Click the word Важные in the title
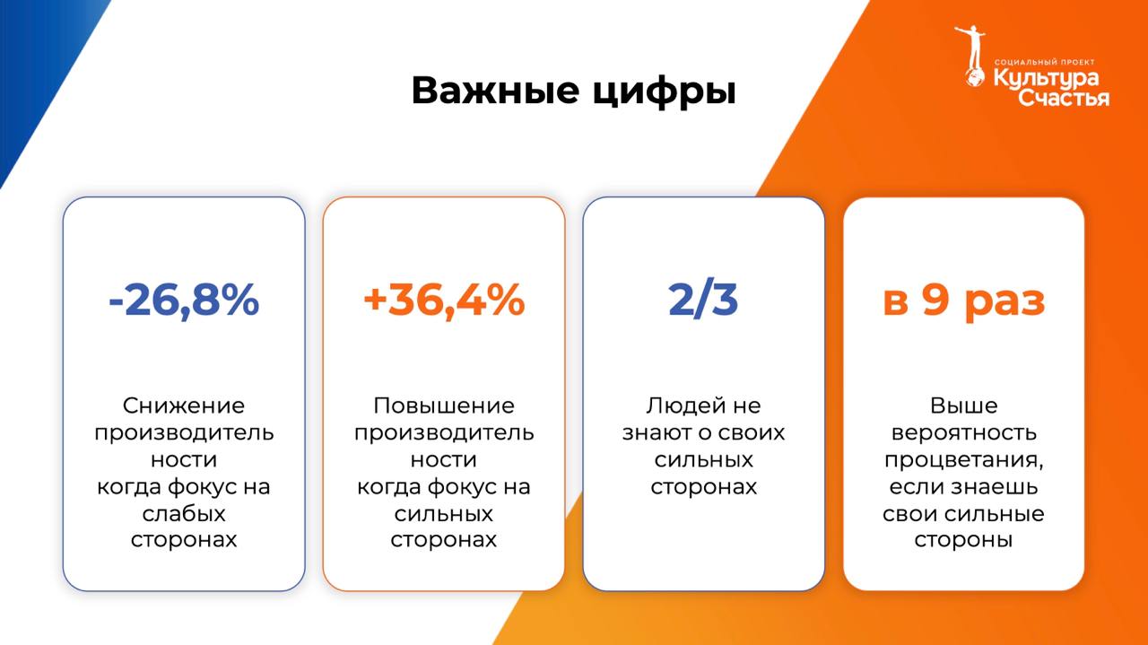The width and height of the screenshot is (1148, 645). point(496,91)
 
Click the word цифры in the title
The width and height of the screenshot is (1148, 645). point(665,92)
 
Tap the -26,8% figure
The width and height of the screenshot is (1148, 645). point(184,301)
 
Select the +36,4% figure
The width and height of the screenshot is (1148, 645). point(444,301)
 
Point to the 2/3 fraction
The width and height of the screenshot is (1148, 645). point(703,301)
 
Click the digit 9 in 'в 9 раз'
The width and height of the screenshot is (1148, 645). point(935,300)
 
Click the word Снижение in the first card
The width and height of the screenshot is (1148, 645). point(184,405)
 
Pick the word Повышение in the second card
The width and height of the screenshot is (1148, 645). point(444,405)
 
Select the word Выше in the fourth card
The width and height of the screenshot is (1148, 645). point(963,405)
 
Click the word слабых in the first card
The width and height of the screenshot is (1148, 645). point(184,514)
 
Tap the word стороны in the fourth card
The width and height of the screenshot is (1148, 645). point(963,540)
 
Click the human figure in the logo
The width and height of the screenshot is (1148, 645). point(970,48)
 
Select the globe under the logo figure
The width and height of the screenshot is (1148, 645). point(974,78)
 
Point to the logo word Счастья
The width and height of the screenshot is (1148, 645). point(1064,98)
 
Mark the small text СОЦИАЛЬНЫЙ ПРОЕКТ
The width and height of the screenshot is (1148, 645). point(1045,62)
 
